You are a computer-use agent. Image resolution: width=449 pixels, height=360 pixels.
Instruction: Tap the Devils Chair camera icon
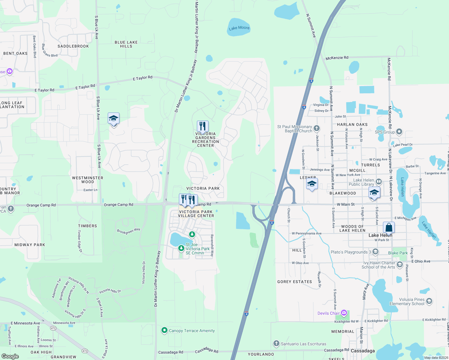coord(344,313)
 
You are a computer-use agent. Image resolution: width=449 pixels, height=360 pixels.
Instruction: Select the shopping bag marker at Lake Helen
coord(389,228)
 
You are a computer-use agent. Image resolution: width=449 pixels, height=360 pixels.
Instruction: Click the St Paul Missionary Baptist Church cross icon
coord(316,129)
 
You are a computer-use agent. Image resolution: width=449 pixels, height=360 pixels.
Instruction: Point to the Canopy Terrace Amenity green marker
coord(164,331)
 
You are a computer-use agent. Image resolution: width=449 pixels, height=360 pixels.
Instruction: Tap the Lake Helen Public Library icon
coord(379,181)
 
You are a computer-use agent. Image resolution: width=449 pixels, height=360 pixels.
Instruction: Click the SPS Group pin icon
coord(399,132)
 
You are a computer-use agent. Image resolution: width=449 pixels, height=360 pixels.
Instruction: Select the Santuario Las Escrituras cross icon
coord(276,343)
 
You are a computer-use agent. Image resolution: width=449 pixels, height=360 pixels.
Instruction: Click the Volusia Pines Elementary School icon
coord(429,301)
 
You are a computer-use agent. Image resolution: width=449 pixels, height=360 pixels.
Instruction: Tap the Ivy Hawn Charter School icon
coord(399,265)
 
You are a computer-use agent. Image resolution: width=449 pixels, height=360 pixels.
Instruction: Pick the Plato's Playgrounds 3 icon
coord(375,252)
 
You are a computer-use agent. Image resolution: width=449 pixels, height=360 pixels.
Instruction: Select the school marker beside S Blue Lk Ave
coord(113,119)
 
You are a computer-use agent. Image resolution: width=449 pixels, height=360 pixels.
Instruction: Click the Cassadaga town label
coord(363,351)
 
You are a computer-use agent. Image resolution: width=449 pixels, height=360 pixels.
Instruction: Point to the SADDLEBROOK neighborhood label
coord(73,46)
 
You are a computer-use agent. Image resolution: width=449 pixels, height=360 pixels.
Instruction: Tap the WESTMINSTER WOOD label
coord(88,180)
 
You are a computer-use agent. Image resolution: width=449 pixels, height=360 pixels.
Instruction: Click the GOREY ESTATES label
coord(294,282)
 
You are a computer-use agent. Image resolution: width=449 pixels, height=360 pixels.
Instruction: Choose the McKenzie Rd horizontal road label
coord(337,58)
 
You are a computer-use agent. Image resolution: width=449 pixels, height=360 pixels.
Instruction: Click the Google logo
coord(10,356)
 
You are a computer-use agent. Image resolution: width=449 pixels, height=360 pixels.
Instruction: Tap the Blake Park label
coord(398,253)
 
